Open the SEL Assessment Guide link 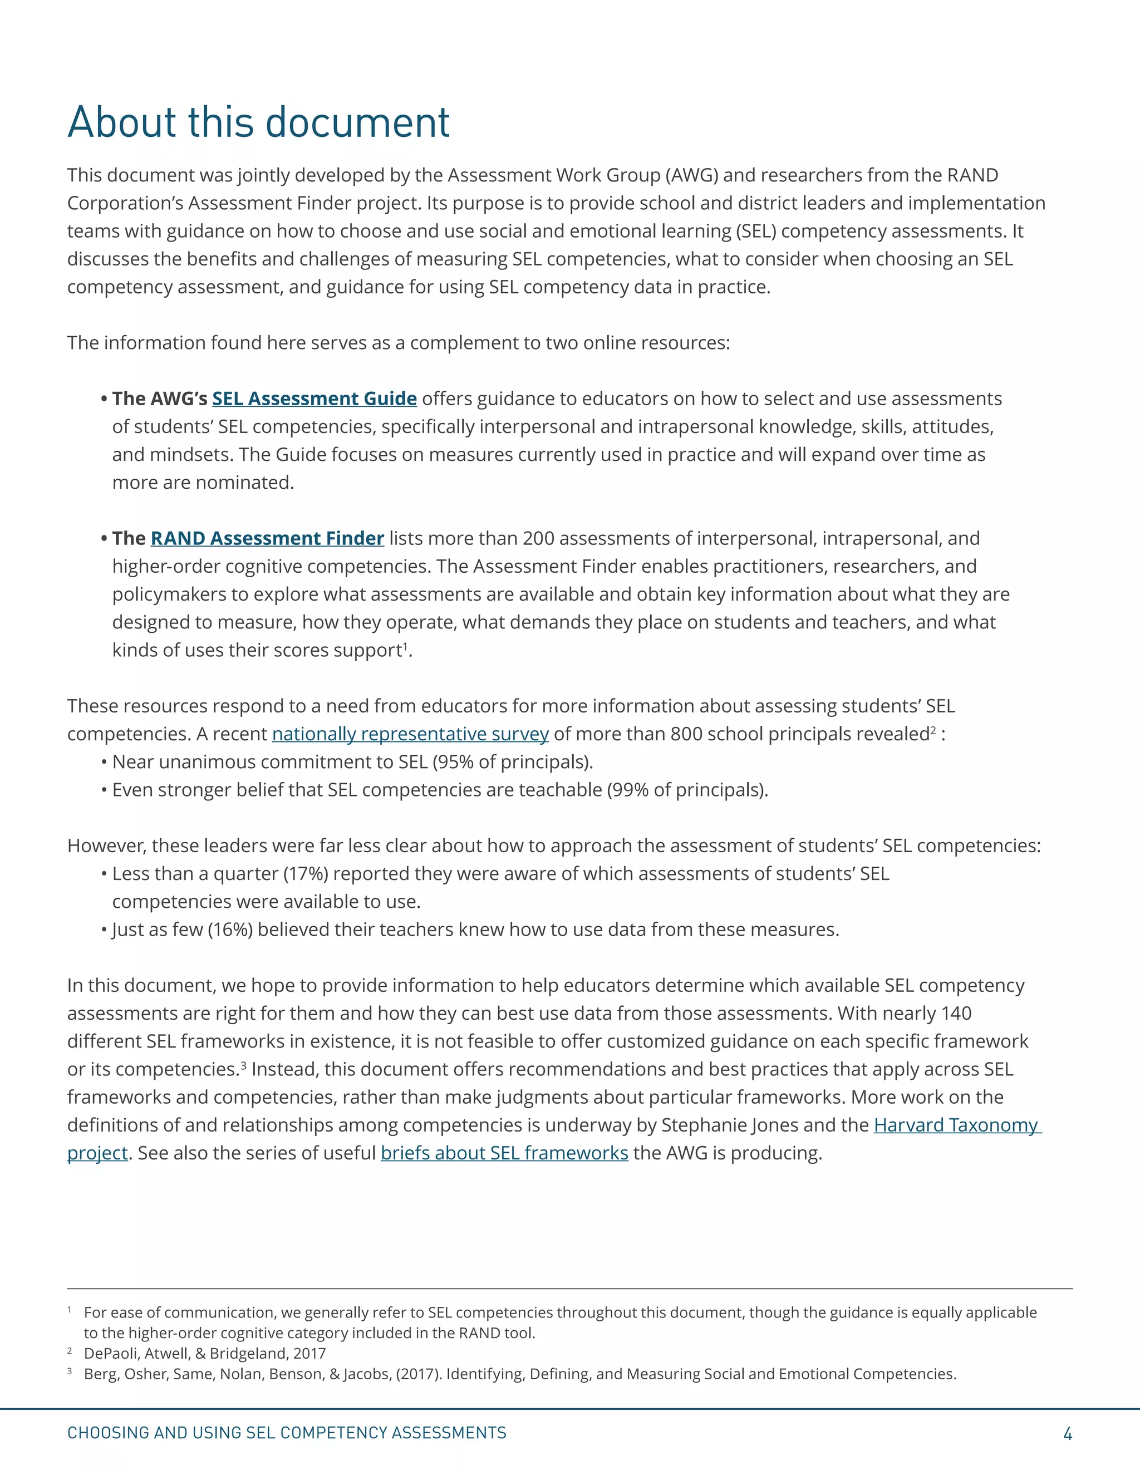[x=314, y=399]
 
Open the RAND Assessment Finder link [x=267, y=538]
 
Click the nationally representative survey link [x=410, y=734]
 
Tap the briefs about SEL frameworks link [x=504, y=1153]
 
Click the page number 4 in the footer [x=1067, y=1433]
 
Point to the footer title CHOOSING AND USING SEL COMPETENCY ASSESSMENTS [x=286, y=1433]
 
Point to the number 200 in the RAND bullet [x=538, y=538]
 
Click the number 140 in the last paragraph [x=956, y=1014]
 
